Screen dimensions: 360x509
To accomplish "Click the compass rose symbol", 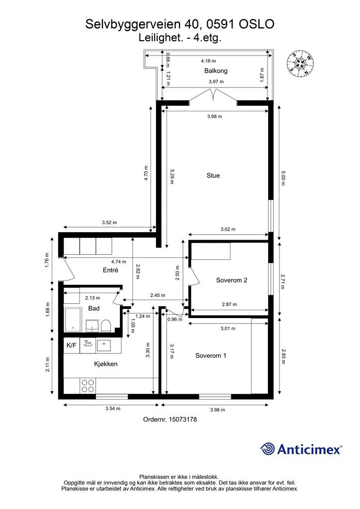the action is [x=300, y=64].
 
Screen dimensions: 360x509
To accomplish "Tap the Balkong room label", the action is [x=216, y=71].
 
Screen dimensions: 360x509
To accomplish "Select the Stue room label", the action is [x=213, y=175].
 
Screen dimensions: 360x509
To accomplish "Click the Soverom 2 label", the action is [x=232, y=280].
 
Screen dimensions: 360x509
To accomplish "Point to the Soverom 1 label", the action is [x=211, y=356].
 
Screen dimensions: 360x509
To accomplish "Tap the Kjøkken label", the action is [x=106, y=364].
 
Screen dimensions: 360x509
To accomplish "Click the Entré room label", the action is [x=110, y=270].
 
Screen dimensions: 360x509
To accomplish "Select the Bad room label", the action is [x=94, y=308].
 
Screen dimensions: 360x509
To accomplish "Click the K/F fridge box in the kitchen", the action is [x=72, y=345].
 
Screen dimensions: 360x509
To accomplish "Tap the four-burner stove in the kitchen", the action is [x=88, y=386].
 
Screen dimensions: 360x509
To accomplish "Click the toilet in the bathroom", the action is [x=106, y=326].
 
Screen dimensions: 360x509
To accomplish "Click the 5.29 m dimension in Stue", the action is [x=172, y=176].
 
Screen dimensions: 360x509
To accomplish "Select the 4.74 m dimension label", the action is [x=119, y=261].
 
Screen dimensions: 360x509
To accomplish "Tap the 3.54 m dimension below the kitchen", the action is [x=113, y=409].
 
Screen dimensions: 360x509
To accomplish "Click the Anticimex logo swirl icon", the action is [x=268, y=449].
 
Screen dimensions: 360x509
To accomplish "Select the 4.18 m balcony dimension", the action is [x=208, y=61].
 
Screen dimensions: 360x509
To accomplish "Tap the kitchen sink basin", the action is [x=104, y=345].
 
